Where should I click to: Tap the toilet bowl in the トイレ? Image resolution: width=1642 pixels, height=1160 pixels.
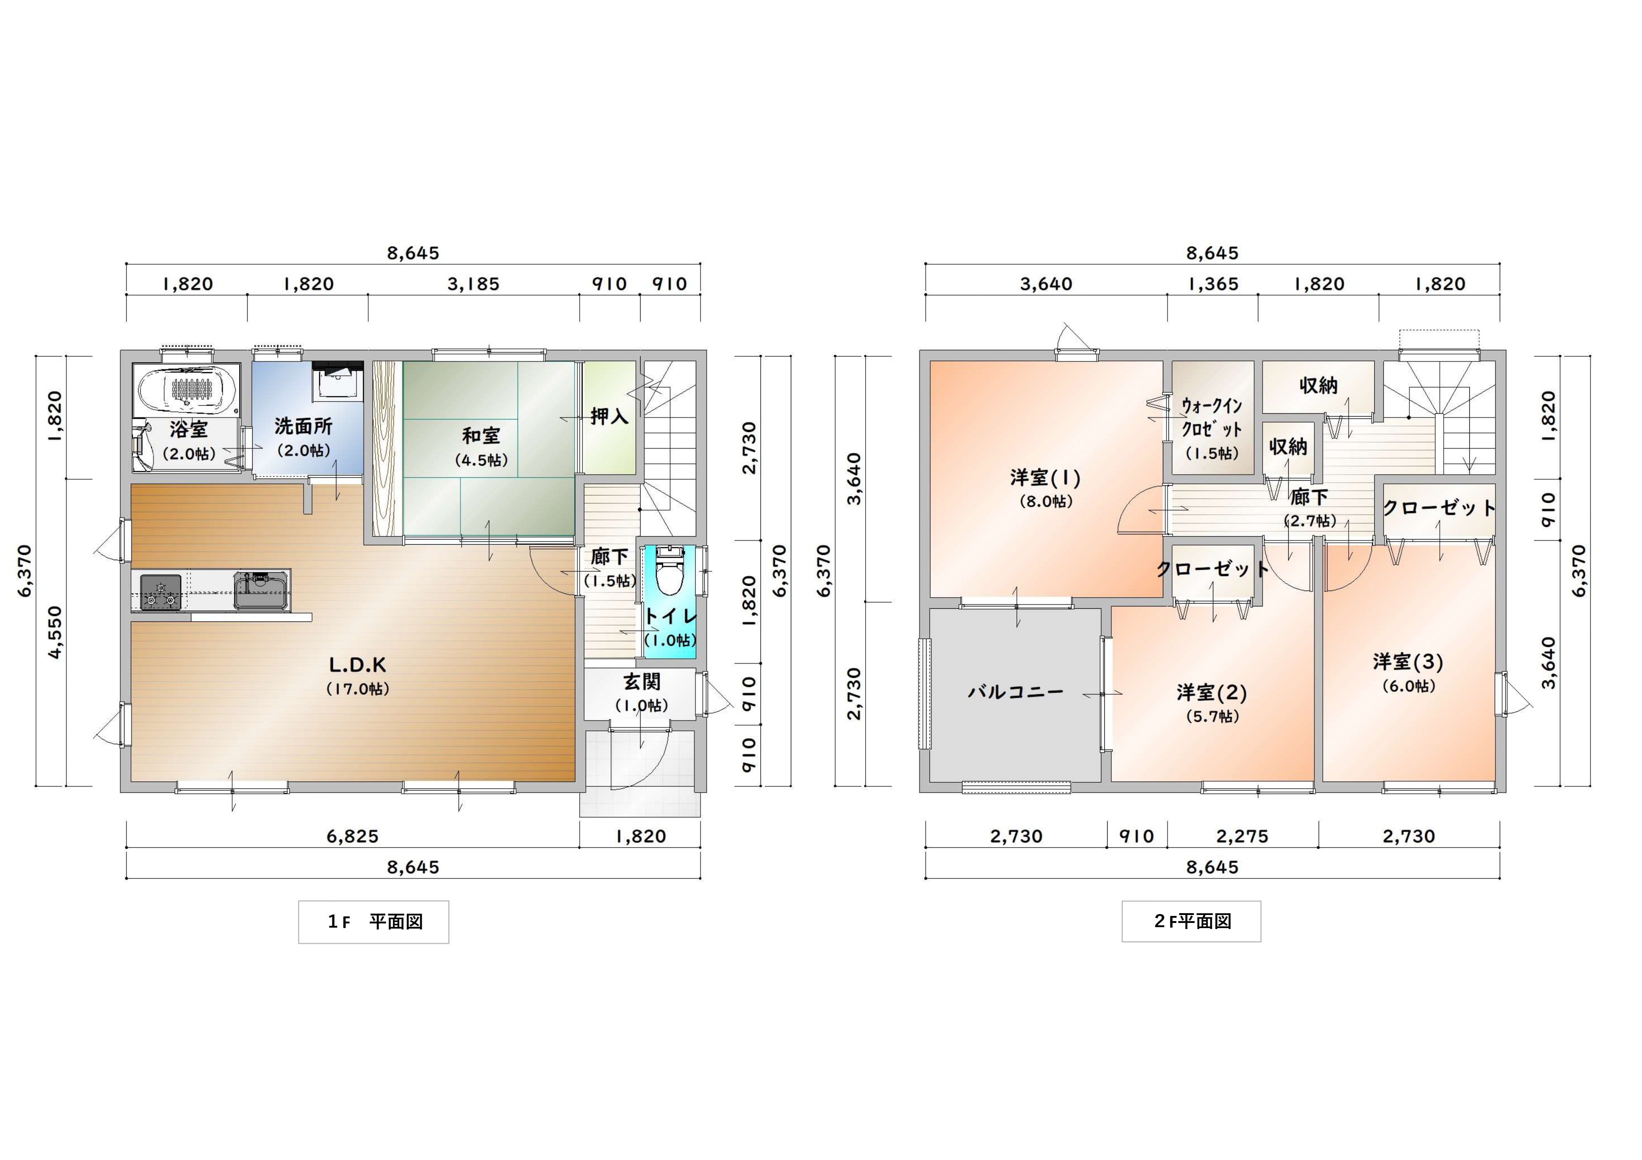pos(669,572)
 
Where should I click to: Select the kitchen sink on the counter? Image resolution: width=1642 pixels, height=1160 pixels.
pos(261,591)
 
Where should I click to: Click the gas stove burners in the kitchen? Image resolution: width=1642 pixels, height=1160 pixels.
pos(160,592)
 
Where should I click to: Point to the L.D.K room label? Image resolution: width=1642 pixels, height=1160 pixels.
pos(358,665)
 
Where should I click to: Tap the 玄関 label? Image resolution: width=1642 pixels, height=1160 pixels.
pos(642,682)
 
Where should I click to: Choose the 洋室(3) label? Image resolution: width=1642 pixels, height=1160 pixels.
pos(1408,662)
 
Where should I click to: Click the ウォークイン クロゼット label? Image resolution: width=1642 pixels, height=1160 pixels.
pos(1211,418)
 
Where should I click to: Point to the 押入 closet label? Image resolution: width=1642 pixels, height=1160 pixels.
pos(609,416)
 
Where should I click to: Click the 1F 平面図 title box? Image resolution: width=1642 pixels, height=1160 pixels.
pos(373,922)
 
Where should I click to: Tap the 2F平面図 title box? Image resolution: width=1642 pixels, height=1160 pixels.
pos(1191,921)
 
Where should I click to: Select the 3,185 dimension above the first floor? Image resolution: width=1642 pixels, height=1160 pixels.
pos(474,284)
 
